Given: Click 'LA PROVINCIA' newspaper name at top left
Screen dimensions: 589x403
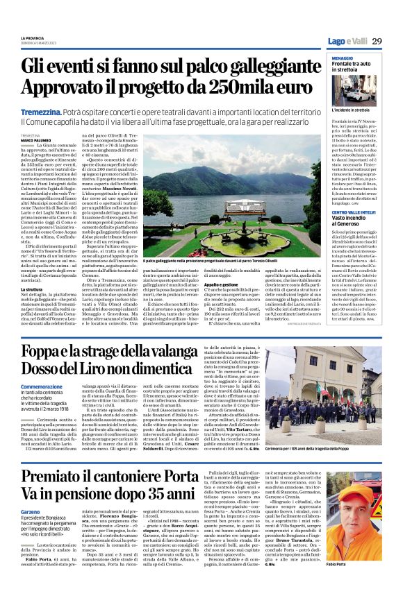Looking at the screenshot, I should tap(32, 37).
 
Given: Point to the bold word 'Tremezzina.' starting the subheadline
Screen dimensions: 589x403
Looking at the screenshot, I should tap(42, 111).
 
